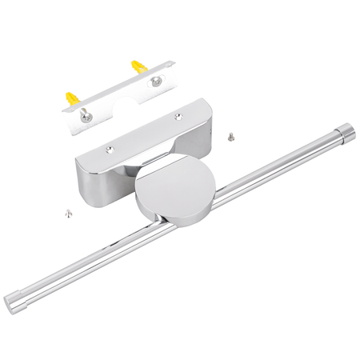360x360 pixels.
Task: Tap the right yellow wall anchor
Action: click(141, 67)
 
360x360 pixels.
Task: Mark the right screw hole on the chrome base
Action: click(178, 117)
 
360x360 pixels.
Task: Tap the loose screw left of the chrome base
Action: click(66, 212)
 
